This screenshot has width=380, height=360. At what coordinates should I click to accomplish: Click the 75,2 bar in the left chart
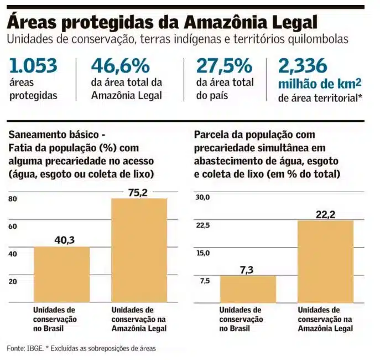139,250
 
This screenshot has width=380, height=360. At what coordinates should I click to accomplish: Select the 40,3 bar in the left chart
61,274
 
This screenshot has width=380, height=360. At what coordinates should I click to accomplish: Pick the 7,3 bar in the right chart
248,289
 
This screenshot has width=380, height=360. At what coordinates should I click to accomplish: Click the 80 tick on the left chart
13,199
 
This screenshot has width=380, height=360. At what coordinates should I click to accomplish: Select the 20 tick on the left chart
13,281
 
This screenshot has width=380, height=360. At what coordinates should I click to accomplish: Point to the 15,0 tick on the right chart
204,253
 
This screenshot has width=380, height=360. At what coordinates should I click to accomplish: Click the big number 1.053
33,66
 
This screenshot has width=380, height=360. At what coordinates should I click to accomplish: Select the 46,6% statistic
120,66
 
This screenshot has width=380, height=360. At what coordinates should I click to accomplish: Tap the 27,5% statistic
223,66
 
